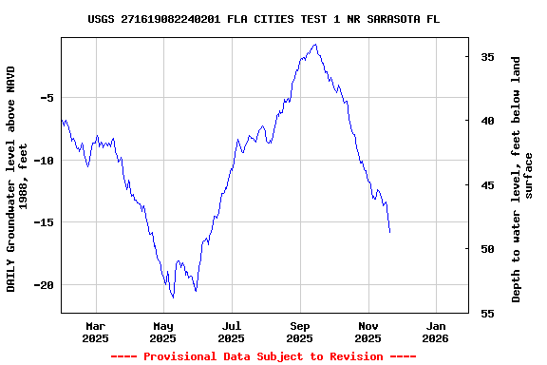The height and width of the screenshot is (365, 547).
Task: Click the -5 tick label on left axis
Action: click(46, 98)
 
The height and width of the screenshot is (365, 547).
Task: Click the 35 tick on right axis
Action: click(486, 57)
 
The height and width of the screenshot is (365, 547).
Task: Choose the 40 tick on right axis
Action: click(486, 121)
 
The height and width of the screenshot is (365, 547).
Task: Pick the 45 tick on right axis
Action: click(486, 185)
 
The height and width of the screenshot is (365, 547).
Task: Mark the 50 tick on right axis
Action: click(486, 249)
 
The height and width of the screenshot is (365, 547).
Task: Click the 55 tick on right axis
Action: click(486, 313)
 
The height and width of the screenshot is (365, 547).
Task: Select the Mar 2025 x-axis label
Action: click(95, 332)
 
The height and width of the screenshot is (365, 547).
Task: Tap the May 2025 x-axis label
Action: click(163, 332)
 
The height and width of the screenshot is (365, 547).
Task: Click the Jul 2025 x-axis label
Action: click(231, 332)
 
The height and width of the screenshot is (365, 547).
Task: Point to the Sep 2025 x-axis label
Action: click(300, 332)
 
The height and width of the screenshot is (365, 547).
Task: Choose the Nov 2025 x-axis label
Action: click(368, 332)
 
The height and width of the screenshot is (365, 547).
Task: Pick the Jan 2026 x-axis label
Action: click(435, 332)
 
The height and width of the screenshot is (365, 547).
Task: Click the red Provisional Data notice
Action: click(263, 356)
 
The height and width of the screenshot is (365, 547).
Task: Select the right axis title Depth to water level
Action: click(522, 179)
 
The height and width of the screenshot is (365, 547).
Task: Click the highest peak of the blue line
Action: click(314, 44)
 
